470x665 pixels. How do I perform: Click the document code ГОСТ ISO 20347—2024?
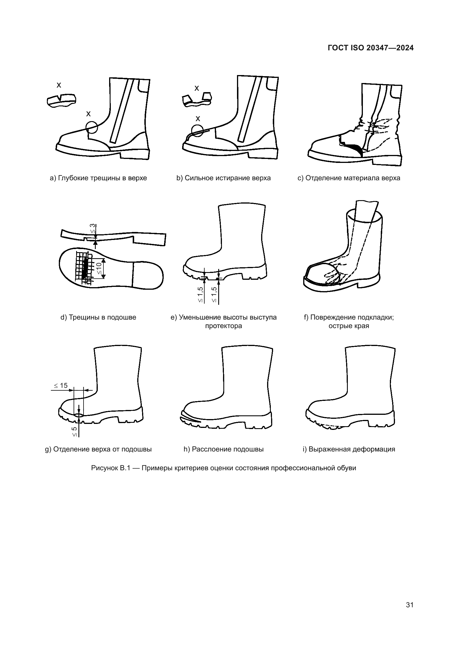point(371,48)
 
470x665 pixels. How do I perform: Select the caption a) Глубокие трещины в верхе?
point(98,178)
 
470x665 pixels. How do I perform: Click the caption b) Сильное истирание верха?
point(223,178)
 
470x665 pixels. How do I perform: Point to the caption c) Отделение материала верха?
point(349,178)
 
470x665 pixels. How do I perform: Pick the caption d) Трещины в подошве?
point(98,317)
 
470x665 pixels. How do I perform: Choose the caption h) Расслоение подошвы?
point(223,449)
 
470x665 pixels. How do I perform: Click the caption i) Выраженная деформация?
point(349,449)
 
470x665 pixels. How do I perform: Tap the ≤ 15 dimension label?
point(61,386)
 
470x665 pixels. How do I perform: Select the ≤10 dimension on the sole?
point(99,268)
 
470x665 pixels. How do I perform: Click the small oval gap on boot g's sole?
point(78,415)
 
